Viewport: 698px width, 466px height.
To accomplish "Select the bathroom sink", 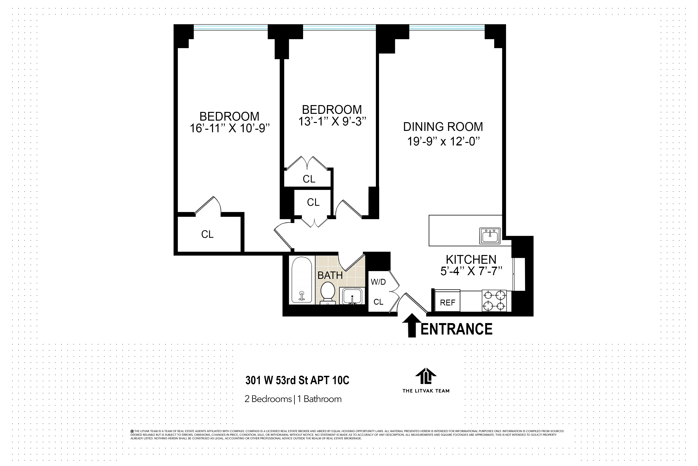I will (352, 296).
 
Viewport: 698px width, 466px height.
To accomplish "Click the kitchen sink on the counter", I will (490, 236).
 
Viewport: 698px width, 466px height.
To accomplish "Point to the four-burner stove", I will (494, 301).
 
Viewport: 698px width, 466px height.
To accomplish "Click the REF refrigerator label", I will (448, 303).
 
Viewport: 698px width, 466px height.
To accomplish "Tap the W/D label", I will (378, 282).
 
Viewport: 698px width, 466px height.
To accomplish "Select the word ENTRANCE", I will (456, 329).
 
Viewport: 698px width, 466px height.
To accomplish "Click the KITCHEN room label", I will (471, 259).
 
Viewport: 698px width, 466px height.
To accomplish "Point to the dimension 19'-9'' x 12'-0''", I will (443, 141).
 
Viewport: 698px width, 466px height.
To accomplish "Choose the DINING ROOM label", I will (443, 127).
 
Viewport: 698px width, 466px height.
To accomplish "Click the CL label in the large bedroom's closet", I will (207, 234).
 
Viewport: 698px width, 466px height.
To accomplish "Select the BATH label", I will (330, 275).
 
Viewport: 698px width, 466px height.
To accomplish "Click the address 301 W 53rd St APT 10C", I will (297, 380).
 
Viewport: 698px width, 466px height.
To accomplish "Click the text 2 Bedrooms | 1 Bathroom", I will (293, 399).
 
